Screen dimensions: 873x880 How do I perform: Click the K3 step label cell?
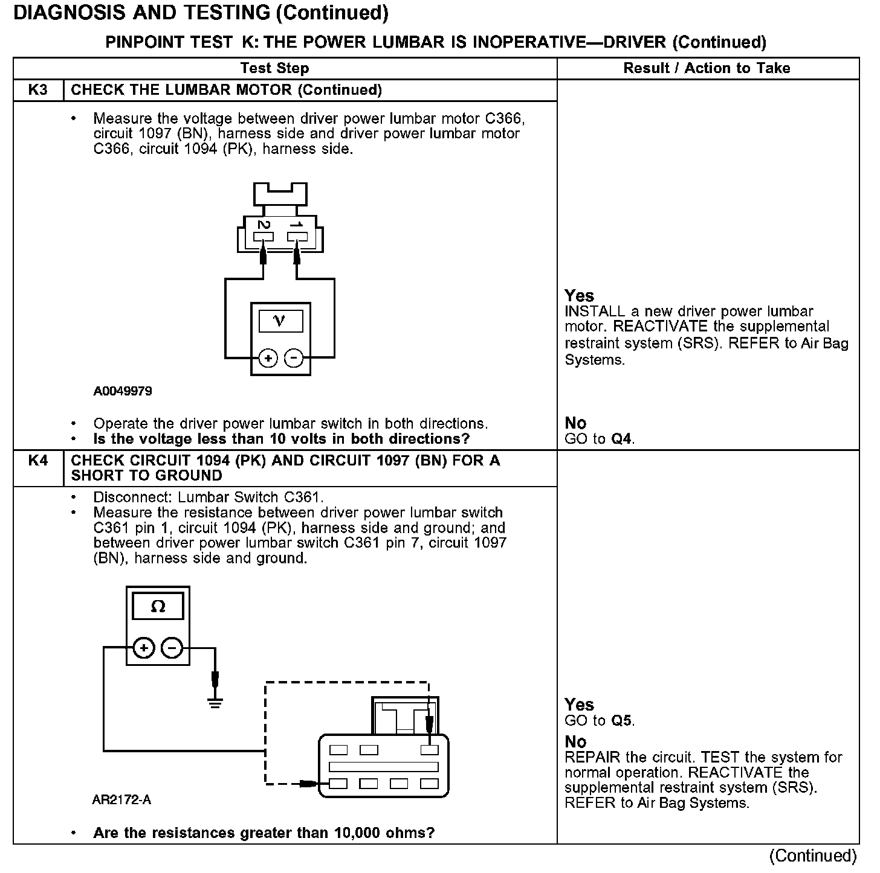tap(37, 91)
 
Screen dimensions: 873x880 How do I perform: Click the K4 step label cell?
tap(37, 461)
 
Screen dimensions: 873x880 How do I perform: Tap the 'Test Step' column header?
tap(274, 68)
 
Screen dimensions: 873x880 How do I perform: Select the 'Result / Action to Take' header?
tap(707, 68)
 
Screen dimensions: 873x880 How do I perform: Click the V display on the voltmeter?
tap(280, 321)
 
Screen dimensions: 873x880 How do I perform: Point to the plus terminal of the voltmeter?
tap(268, 359)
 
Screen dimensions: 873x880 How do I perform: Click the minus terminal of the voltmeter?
tap(294, 359)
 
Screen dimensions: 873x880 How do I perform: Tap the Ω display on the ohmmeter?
tap(158, 606)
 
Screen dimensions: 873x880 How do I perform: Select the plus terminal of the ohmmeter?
tap(144, 648)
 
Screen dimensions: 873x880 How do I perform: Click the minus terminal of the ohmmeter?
tap(172, 648)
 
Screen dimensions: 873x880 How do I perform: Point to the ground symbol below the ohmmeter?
tap(215, 702)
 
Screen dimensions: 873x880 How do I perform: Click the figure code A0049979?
tap(123, 391)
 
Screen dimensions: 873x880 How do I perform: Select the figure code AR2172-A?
tap(121, 801)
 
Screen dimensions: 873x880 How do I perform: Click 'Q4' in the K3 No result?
tap(622, 439)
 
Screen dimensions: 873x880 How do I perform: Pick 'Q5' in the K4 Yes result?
tap(622, 721)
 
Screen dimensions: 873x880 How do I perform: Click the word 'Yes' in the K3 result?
tap(580, 296)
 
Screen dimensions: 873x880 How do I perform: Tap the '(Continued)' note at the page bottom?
tap(813, 856)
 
